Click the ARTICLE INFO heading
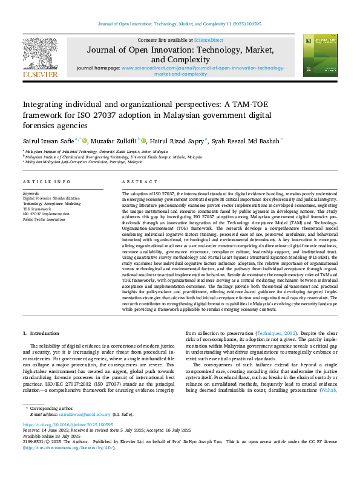[46, 182]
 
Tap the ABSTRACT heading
[136, 182]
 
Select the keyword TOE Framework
[38, 209]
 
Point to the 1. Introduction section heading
[41, 334]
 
